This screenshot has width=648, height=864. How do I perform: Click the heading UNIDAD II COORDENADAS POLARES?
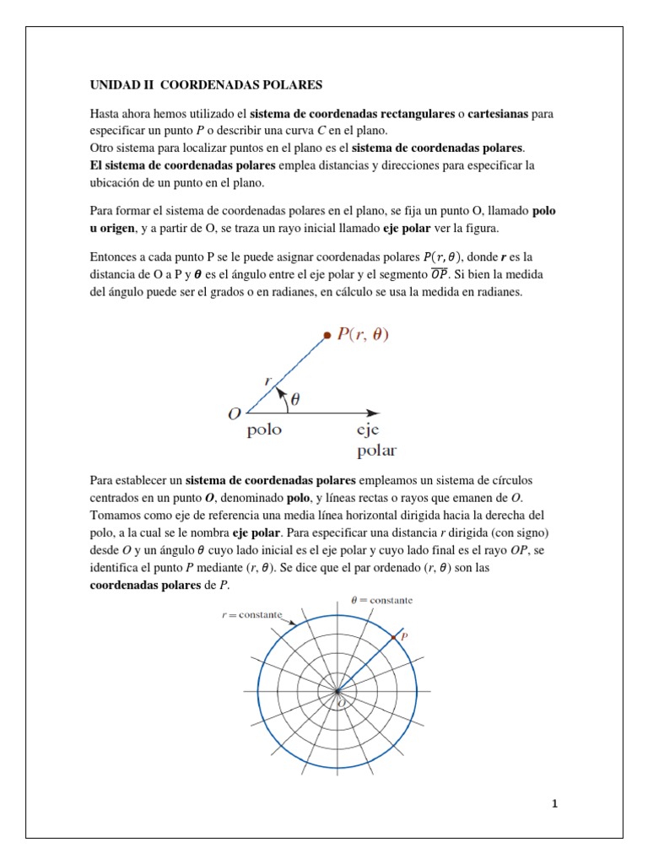206,85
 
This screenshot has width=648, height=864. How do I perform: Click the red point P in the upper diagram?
327,336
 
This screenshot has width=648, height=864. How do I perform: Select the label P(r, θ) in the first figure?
364,335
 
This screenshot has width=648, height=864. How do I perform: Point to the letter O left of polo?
234,413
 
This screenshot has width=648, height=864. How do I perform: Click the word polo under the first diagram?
264,430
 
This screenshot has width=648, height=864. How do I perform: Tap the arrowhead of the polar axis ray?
372,413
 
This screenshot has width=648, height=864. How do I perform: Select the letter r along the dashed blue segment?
268,381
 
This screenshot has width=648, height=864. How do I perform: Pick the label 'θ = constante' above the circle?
381,600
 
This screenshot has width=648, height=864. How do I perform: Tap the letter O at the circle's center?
341,702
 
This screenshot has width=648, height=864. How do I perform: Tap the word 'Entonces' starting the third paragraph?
115,257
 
